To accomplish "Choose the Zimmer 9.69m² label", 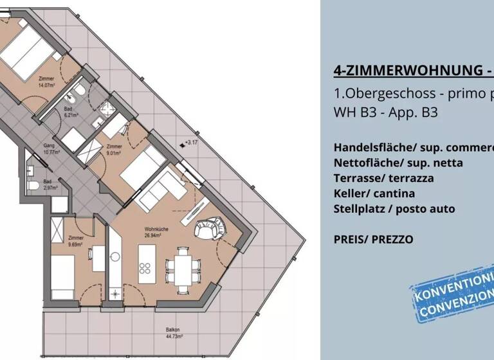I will tap(76, 241).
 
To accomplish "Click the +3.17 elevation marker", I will tap(190, 142).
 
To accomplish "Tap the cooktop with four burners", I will tap(147, 269).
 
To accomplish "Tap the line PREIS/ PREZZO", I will tap(373, 239).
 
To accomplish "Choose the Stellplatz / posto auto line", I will tap(394, 208).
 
